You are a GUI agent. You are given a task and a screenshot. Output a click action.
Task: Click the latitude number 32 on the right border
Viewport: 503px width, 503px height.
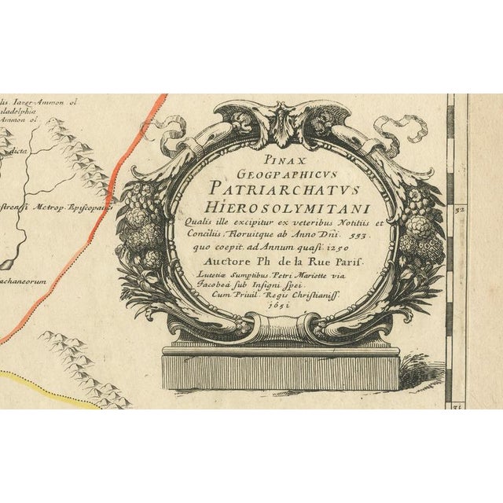(x=461, y=211)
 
